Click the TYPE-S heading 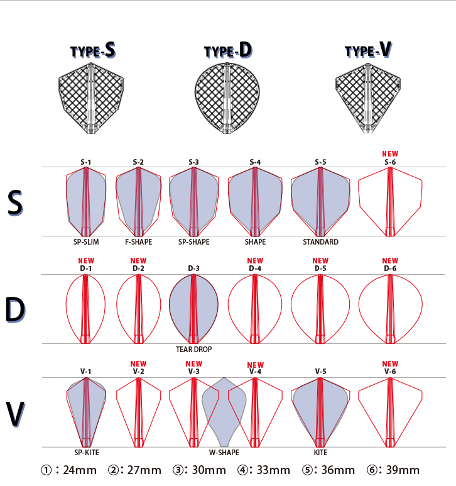coord(92,51)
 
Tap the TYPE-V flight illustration coord(367,99)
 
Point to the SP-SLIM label coord(86,242)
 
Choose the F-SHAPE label coord(138,242)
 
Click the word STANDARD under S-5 coord(320,242)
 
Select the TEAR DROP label coord(193,349)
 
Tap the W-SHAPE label coord(224,452)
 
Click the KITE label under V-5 coord(320,452)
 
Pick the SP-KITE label coord(86,452)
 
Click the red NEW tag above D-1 coord(86,260)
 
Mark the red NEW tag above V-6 coord(390,363)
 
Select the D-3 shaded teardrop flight coord(193,308)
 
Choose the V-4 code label coord(255,372)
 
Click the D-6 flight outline coord(390,308)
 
